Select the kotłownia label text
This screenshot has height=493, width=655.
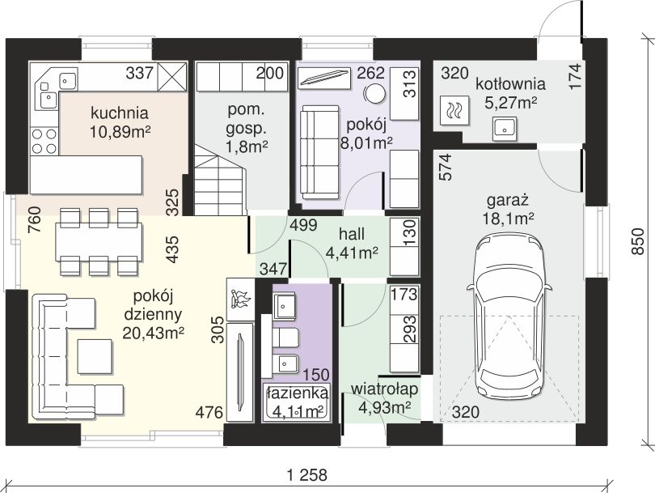click(510, 83)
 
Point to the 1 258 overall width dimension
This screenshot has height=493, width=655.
click(308, 475)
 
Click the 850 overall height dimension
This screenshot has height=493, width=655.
click(638, 241)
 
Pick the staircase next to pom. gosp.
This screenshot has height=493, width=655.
click(220, 180)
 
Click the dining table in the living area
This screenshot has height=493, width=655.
click(99, 242)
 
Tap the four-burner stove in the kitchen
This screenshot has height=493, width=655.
click(44, 141)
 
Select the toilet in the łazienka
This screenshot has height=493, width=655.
click(285, 338)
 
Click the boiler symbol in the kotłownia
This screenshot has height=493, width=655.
click(454, 111)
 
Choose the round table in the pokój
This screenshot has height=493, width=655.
click(374, 93)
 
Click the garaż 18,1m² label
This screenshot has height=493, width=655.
click(508, 209)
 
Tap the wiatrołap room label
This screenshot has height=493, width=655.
click(384, 397)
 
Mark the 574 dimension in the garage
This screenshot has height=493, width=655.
click(446, 168)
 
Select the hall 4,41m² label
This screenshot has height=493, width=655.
click(352, 243)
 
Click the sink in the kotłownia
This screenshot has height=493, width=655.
click(505, 127)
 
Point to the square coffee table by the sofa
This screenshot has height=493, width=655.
click(95, 357)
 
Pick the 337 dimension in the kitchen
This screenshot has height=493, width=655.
click(140, 74)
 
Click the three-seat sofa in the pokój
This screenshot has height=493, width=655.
click(319, 152)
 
